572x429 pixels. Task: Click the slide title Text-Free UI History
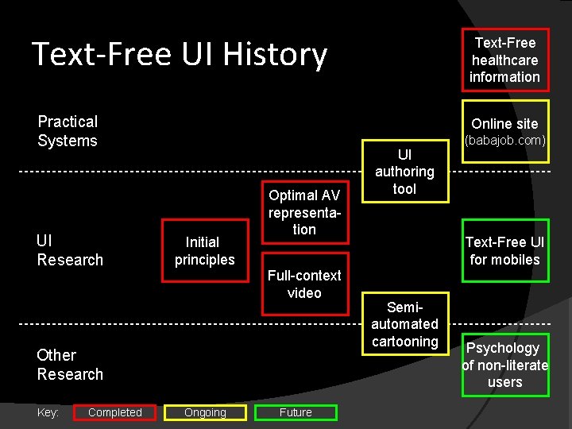tap(179, 54)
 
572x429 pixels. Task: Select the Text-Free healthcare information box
tap(504, 60)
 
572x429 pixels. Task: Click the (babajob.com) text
tap(504, 141)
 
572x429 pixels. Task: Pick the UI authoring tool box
tap(404, 172)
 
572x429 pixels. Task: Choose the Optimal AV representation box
tap(303, 212)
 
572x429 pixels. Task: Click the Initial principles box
tap(204, 251)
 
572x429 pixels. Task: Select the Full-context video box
tap(303, 284)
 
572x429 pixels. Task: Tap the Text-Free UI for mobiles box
tap(504, 251)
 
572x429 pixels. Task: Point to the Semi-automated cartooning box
tap(404, 323)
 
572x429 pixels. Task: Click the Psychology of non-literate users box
tap(504, 365)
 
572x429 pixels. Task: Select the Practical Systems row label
tap(68, 131)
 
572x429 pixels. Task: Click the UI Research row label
tap(70, 250)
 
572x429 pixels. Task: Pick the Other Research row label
tap(70, 365)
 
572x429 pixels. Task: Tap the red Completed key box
tap(114, 412)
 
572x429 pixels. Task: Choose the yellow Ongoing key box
tap(205, 412)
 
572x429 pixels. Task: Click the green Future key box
tap(296, 412)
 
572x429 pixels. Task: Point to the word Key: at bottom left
tap(48, 412)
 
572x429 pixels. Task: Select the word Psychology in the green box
tap(502, 348)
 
